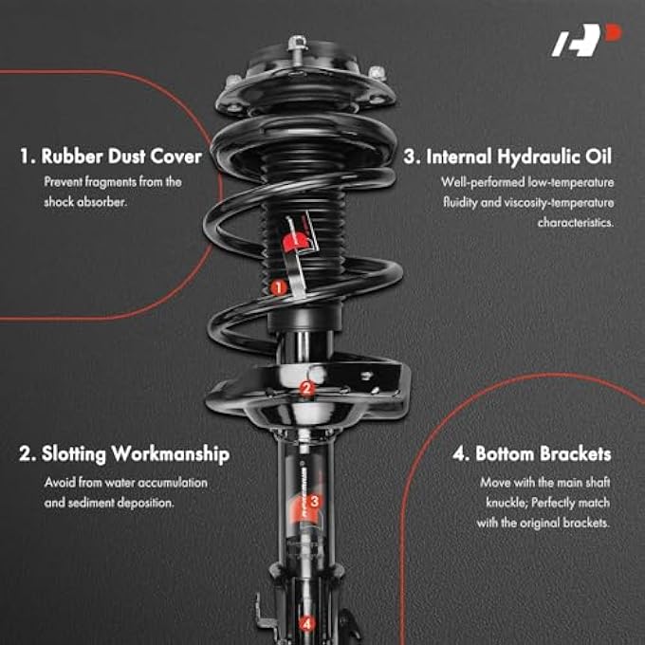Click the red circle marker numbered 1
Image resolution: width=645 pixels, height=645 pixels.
click(x=277, y=286)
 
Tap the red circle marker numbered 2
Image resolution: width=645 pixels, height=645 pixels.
click(x=305, y=388)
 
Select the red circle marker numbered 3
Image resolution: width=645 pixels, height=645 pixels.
click(x=315, y=501)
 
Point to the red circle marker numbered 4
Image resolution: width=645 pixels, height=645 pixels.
click(x=305, y=623)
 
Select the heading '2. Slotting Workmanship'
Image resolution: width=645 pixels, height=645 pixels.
click(x=124, y=454)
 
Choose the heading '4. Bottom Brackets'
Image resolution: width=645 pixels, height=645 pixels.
click(x=531, y=454)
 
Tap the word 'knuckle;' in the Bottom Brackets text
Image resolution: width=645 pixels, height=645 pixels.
click(x=499, y=502)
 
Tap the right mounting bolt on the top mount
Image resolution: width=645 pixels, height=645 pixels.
click(x=376, y=71)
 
